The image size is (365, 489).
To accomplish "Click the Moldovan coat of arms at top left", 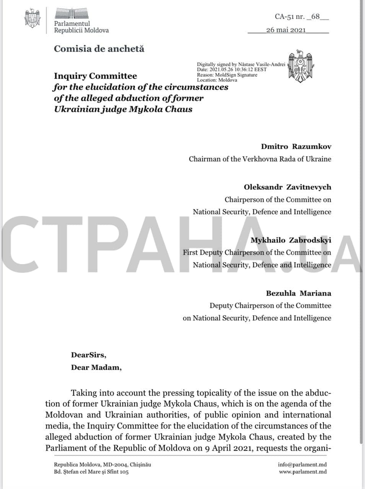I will [x=33, y=18].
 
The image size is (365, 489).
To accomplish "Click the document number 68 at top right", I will [x=316, y=16].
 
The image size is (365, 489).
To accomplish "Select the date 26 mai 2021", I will [x=286, y=30].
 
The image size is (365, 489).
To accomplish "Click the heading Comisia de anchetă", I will [x=99, y=49].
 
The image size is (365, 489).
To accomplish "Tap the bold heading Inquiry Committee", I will [x=95, y=76].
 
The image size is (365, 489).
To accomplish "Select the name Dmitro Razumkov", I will [x=296, y=147].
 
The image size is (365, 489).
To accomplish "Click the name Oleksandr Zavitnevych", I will [x=287, y=187].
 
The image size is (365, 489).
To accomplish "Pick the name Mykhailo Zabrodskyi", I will [x=291, y=240].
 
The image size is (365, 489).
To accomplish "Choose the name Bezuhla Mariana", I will [x=298, y=293].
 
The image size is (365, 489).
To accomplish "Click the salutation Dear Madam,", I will [x=96, y=368].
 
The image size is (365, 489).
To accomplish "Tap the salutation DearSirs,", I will [x=88, y=355].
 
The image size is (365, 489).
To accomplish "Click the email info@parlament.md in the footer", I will [x=302, y=465].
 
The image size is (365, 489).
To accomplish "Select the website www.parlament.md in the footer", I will [x=303, y=472].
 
